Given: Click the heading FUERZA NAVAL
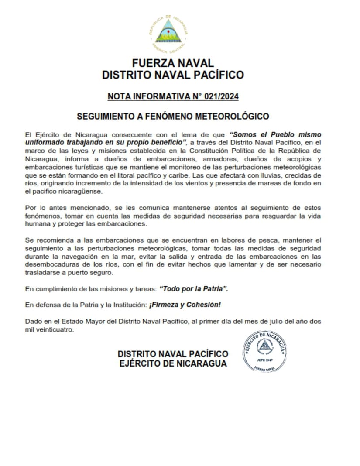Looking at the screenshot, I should [x=173, y=63].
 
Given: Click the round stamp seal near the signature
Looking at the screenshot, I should [x=264, y=351].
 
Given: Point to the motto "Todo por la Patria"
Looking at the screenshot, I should [x=194, y=289].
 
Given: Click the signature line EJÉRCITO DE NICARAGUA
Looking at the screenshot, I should [x=173, y=363].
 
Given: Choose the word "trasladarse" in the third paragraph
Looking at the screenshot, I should [x=43, y=273].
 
